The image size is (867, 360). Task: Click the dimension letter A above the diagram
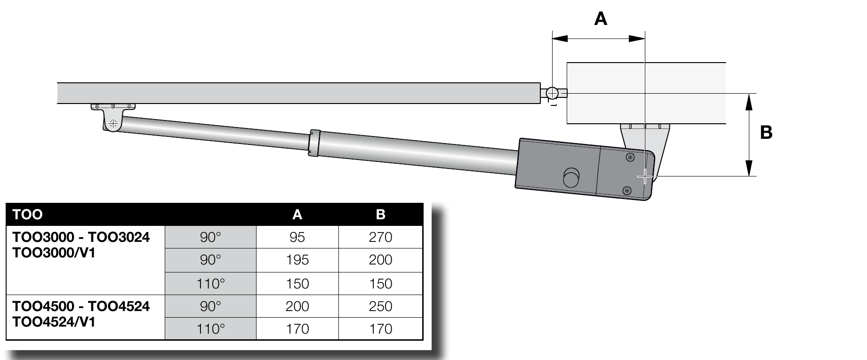(x=601, y=19)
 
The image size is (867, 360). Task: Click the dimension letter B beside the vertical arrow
(x=766, y=133)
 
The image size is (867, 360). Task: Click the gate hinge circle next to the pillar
(x=552, y=93)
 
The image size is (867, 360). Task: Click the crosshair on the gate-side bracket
(x=112, y=124)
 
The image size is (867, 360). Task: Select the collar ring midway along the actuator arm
(x=313, y=143)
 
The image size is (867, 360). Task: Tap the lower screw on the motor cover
(x=626, y=190)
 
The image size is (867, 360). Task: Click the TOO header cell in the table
(x=28, y=215)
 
